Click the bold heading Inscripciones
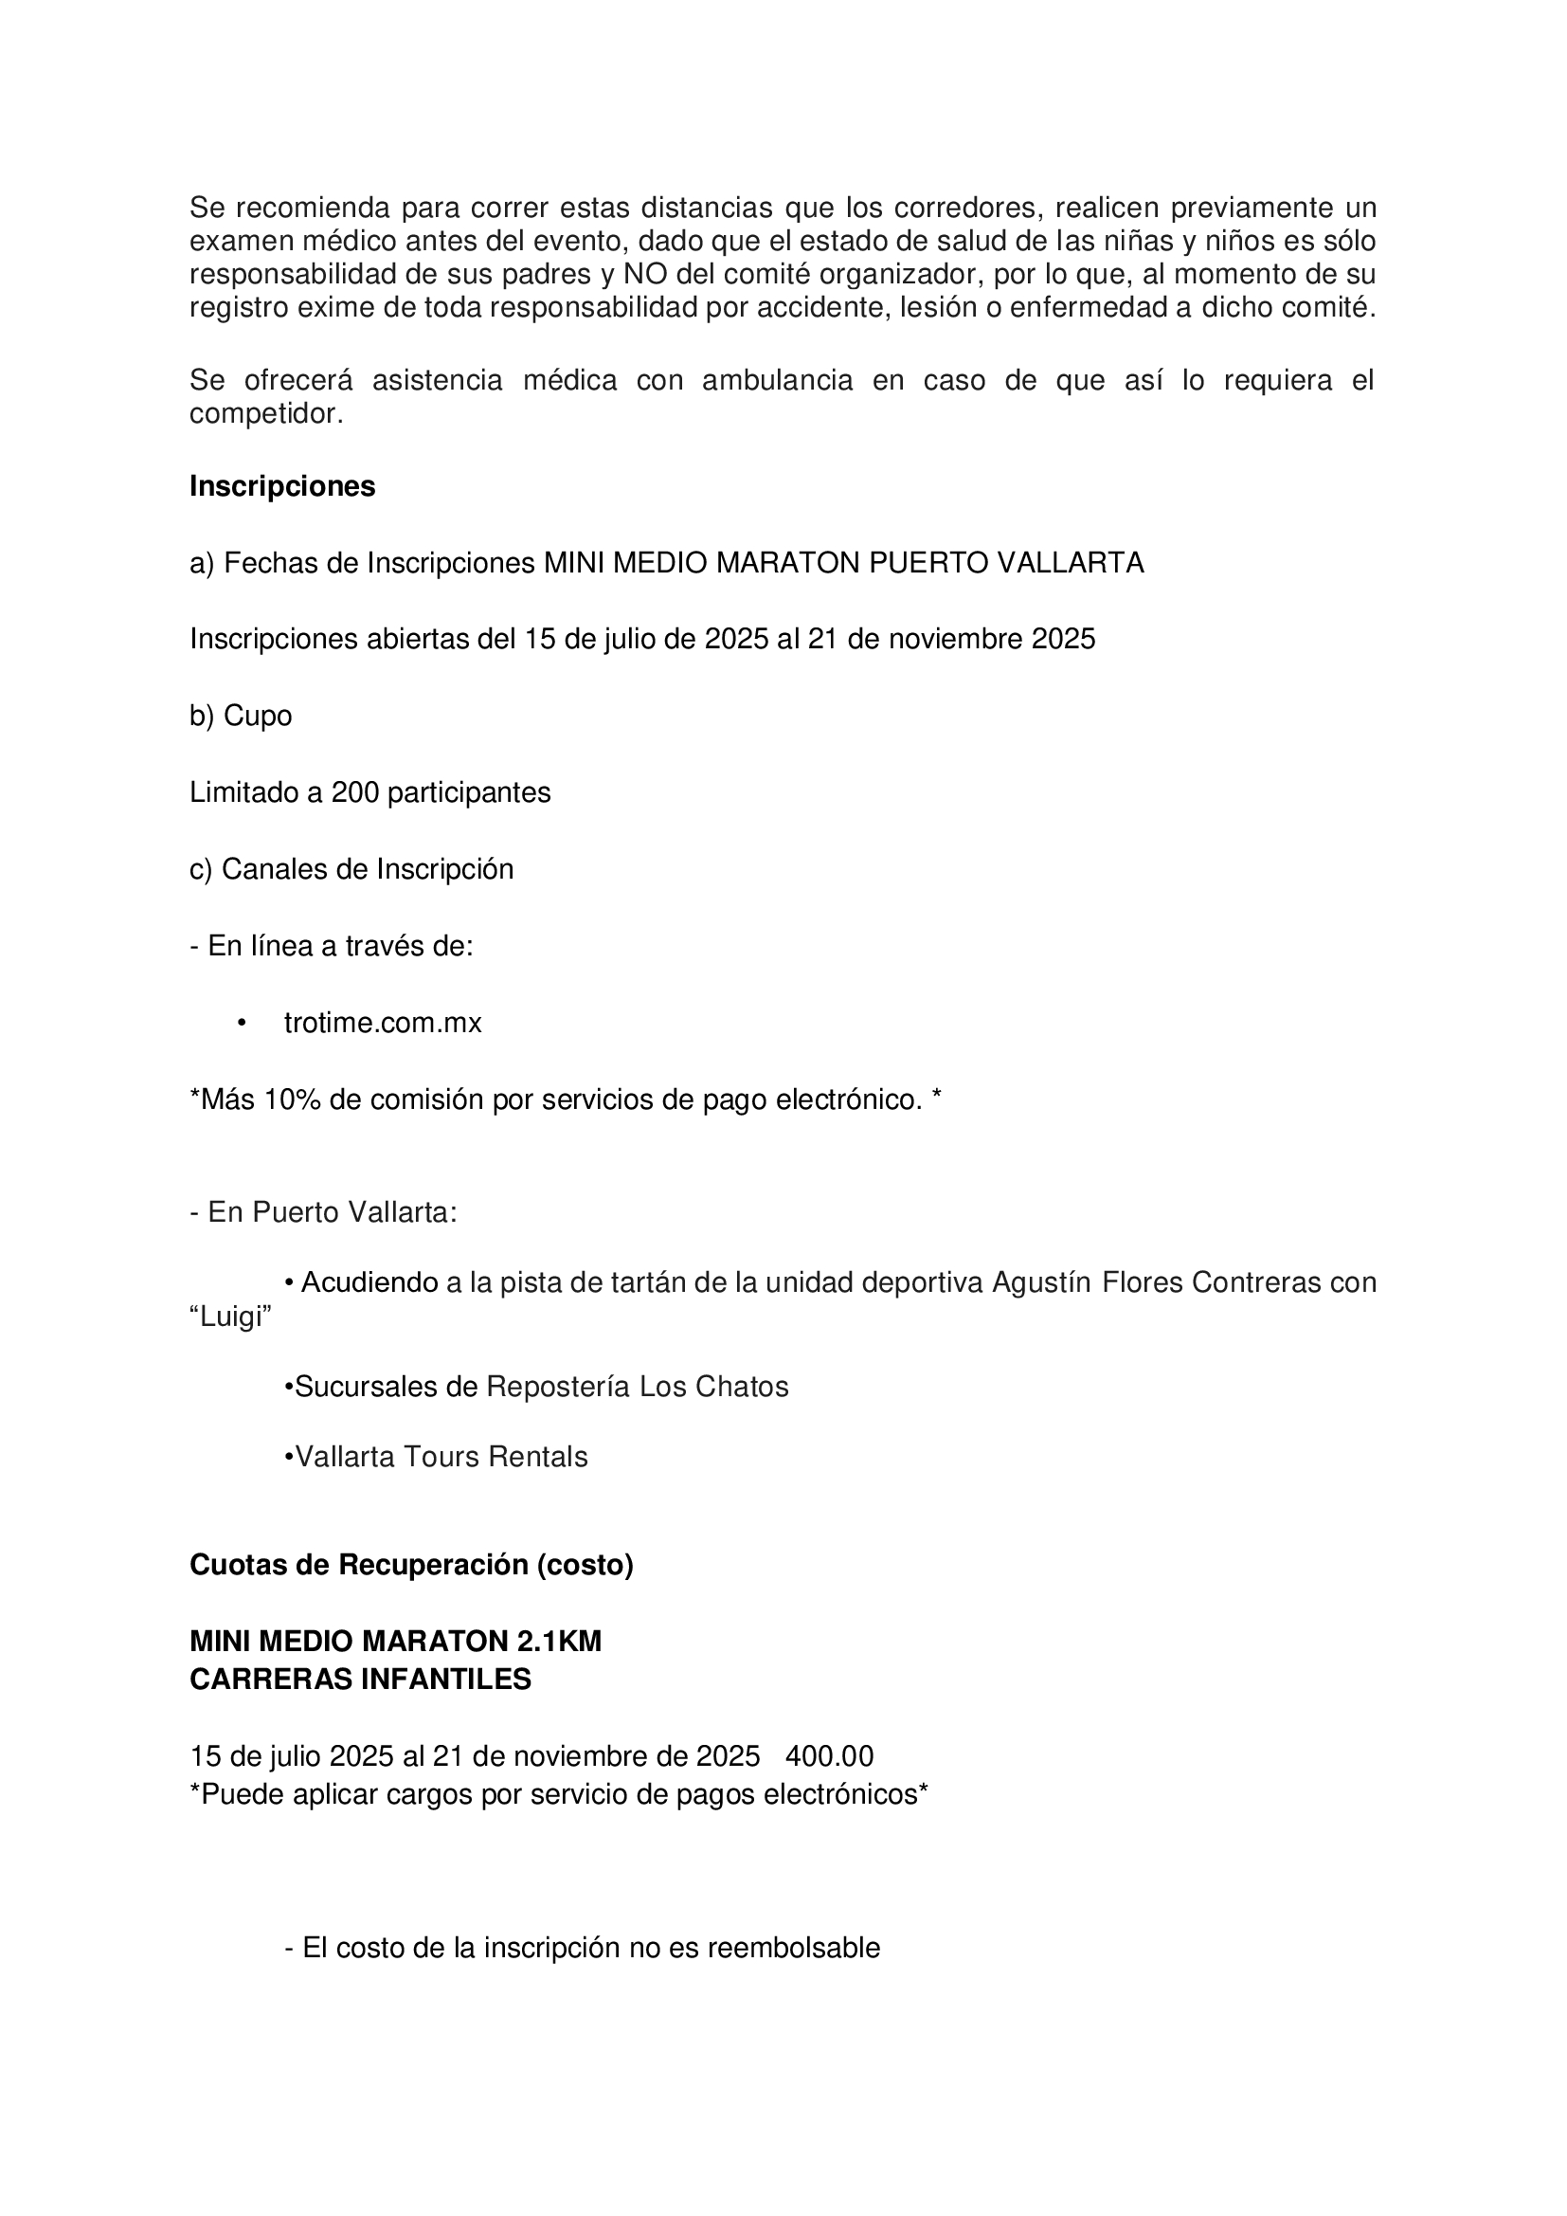pos(281,486)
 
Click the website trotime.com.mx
pos(382,1023)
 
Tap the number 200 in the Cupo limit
pos(352,792)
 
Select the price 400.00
pos(830,1755)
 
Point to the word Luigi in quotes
pos(230,1317)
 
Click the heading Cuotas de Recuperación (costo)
pos(411,1565)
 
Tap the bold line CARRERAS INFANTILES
pos(360,1680)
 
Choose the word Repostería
pos(559,1387)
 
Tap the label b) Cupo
pos(241,717)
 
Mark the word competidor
pos(265,414)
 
